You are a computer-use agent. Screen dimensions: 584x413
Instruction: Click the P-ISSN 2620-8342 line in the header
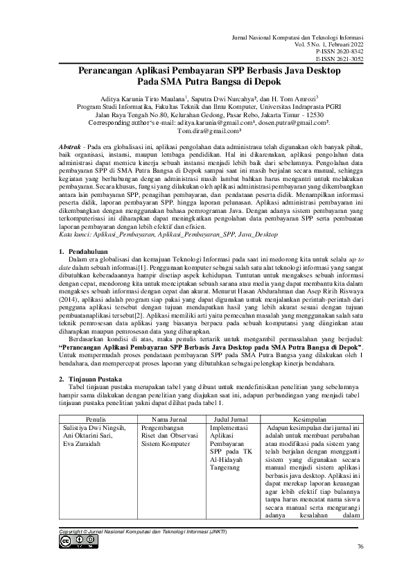pos(340,51)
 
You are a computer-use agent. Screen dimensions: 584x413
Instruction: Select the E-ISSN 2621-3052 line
pos(340,59)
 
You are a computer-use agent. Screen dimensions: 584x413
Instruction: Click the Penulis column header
pos(96,420)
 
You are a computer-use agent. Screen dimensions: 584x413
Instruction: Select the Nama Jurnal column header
pos(171,420)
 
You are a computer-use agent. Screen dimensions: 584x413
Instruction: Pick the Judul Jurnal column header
pos(231,420)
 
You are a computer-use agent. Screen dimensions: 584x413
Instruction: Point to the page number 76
pos(360,547)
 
